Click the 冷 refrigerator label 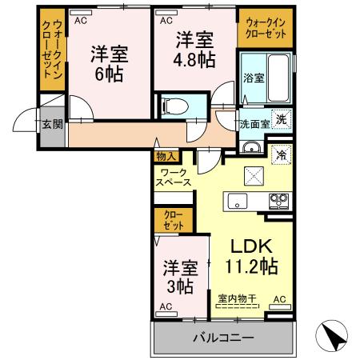[x=281, y=154]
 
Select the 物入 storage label [x=166, y=157]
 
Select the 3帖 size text [x=180, y=284]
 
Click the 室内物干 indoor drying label [x=237, y=300]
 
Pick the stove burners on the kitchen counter [x=278, y=199]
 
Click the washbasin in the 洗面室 [x=251, y=147]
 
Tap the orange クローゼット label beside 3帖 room [x=173, y=220]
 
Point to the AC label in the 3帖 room [x=166, y=306]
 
